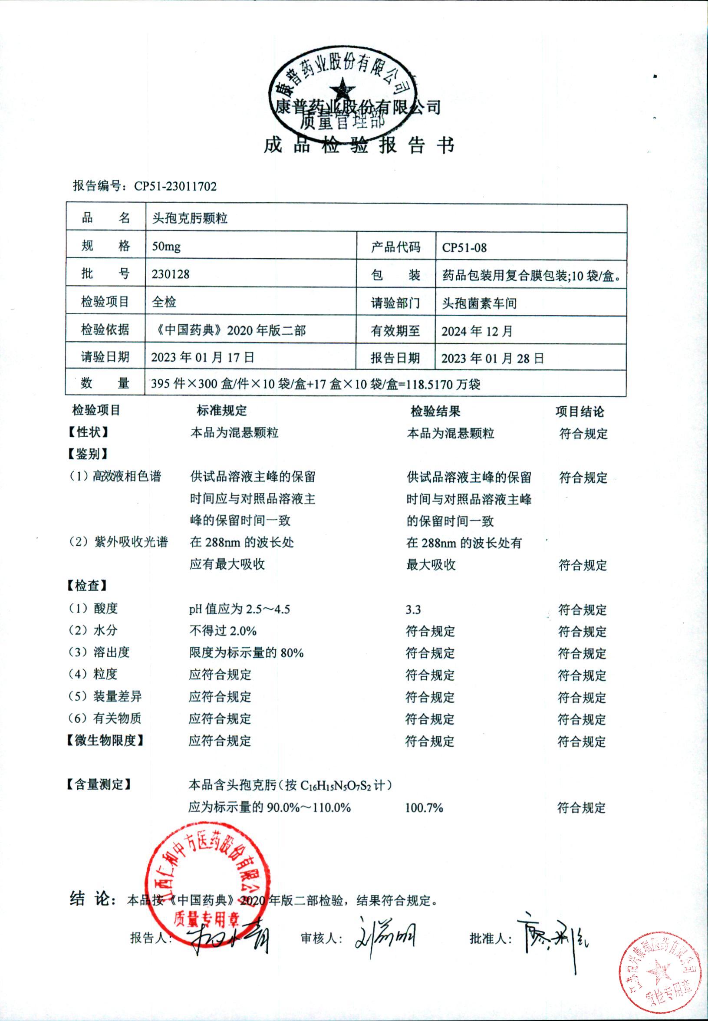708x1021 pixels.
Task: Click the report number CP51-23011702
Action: pos(175,186)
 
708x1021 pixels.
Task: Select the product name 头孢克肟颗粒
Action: pos(189,218)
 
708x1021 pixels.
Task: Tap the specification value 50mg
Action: pos(166,246)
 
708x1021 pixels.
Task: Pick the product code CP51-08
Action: pos(464,247)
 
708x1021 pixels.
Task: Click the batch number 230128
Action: pos(170,274)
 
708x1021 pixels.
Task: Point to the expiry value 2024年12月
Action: pos(477,331)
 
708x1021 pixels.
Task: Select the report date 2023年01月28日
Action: pos(492,359)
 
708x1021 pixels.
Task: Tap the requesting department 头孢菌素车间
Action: pos(479,303)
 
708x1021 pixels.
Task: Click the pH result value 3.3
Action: pos(413,609)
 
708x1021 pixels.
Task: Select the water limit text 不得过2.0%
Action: pos(223,631)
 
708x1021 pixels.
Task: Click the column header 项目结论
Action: pos(580,412)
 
